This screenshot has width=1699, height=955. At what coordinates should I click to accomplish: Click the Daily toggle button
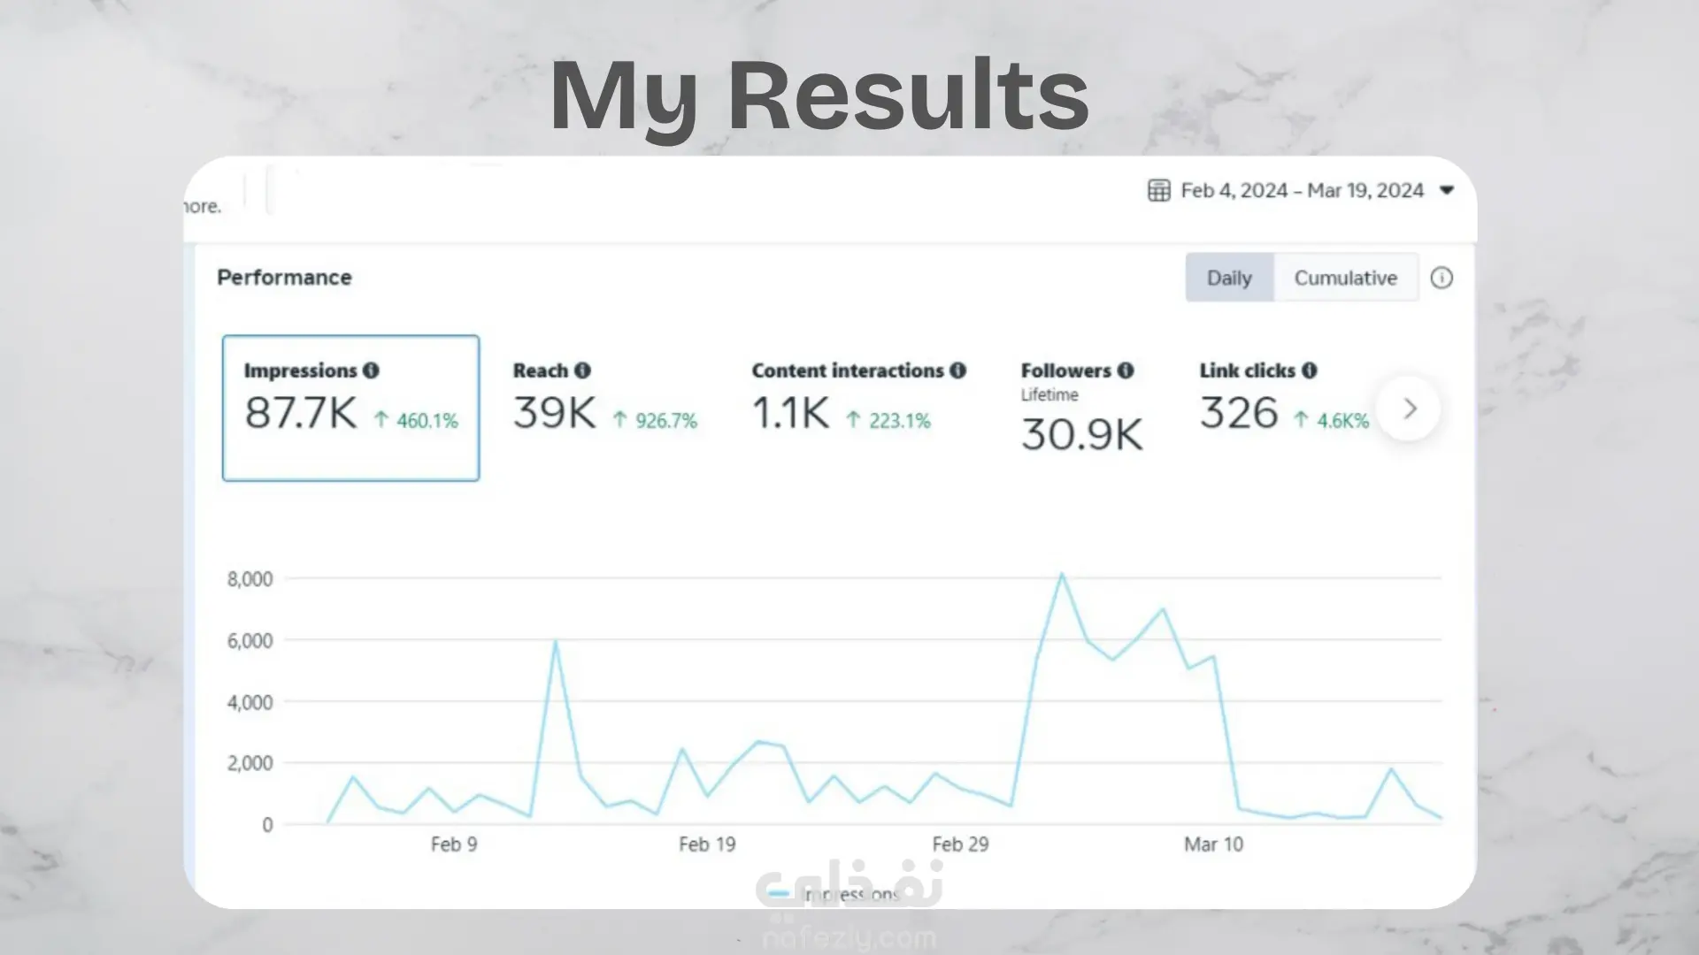tap(1229, 279)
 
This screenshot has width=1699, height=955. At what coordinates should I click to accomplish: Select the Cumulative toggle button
tap(1345, 279)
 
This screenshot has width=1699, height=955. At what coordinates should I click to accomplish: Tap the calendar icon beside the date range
tap(1158, 191)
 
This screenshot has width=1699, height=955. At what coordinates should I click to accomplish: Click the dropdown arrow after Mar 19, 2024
tap(1447, 190)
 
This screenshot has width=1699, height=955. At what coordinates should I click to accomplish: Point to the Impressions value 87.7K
tap(301, 413)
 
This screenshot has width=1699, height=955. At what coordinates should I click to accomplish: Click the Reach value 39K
tap(555, 413)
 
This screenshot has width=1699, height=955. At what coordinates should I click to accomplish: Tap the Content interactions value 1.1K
tap(790, 413)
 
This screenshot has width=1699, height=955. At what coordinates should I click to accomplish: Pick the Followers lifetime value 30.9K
tap(1081, 435)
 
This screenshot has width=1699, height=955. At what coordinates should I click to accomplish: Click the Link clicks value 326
tap(1239, 413)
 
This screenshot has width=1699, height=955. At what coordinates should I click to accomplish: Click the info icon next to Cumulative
tap(1441, 279)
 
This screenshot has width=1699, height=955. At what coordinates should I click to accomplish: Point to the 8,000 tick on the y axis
tap(250, 579)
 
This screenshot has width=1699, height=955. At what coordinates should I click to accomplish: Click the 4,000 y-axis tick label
tap(250, 702)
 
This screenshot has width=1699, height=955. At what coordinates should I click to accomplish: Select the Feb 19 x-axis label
tap(707, 844)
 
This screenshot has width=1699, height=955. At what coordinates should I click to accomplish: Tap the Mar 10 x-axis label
tap(1213, 844)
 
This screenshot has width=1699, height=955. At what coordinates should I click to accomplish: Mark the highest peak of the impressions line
tap(1062, 575)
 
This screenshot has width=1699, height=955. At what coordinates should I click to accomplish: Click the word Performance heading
tap(284, 278)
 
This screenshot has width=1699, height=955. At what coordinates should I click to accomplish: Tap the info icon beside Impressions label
tap(371, 371)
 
